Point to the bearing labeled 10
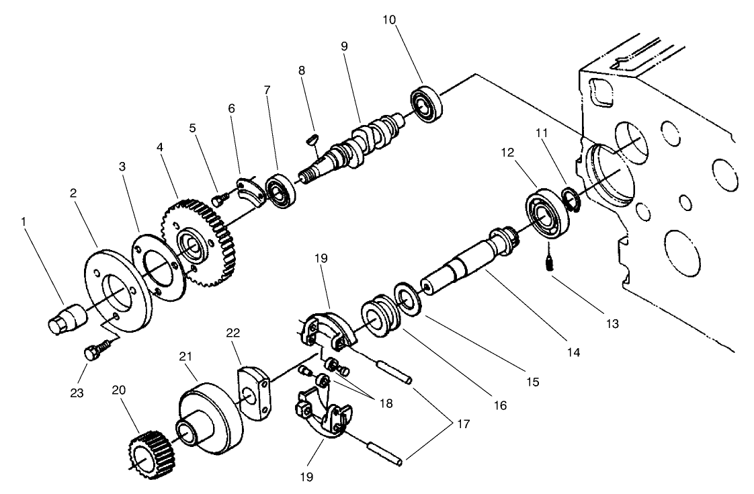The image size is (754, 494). point(426,104)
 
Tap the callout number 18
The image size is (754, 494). point(385,403)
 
